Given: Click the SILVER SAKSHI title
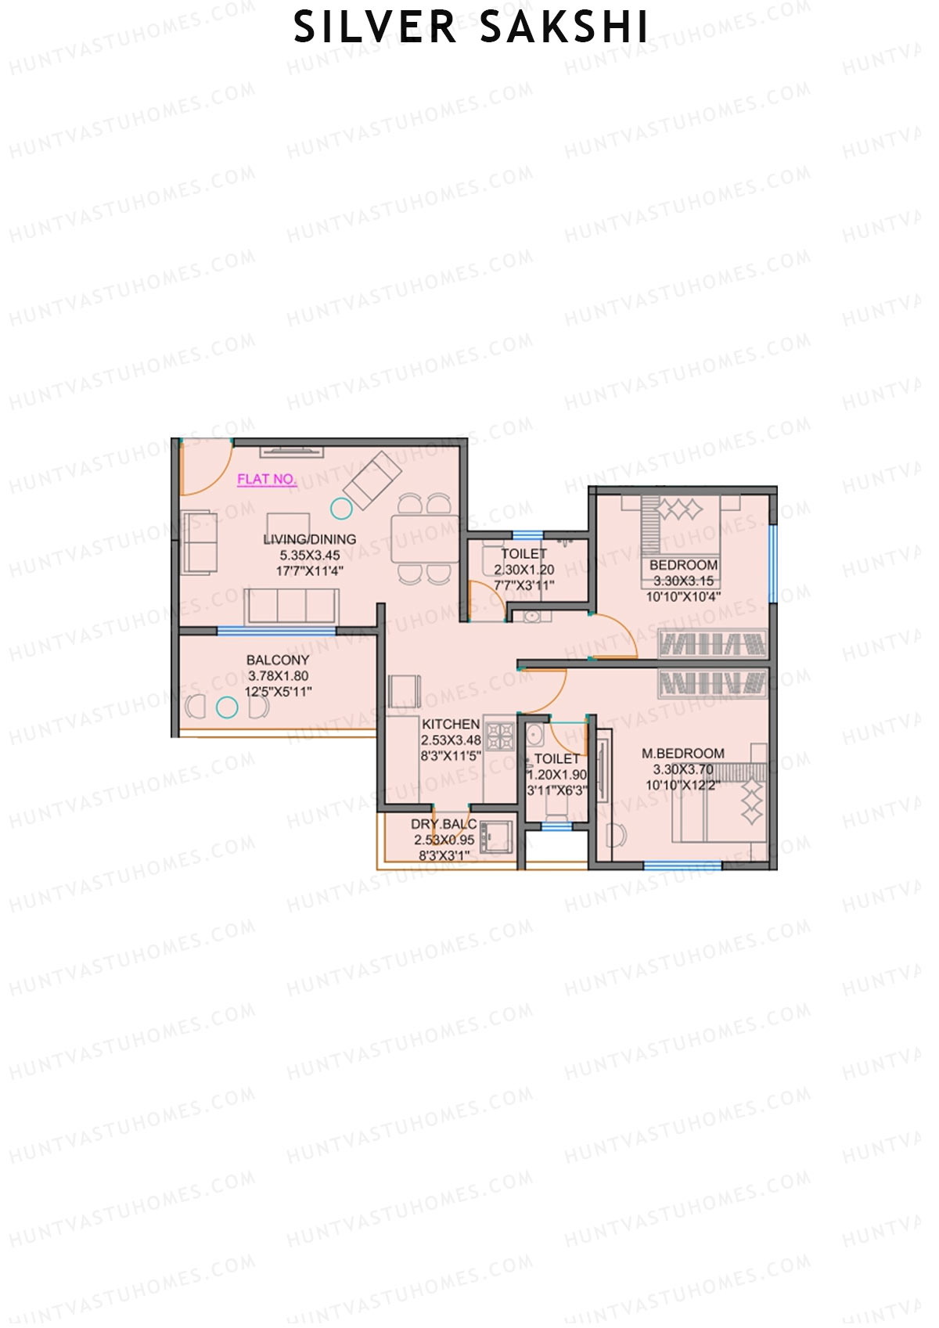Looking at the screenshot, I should point(470,28).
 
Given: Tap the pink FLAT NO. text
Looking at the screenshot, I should point(267,479).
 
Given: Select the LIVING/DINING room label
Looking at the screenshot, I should point(310,539).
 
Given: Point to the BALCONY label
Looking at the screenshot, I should point(278,660).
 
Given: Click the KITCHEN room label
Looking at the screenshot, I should point(451,725).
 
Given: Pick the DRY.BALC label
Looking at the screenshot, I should point(444,824).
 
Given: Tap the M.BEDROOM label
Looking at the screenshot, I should point(683,754).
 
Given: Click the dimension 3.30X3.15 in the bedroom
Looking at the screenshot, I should point(683,581).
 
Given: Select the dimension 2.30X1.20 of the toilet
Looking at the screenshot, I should point(524,570).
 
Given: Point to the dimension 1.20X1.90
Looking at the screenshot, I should point(556,775).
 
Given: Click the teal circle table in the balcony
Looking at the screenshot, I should point(227,707).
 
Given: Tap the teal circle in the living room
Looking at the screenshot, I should point(341,509).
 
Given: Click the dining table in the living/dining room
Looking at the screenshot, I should point(425,538).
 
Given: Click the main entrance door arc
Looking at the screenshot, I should point(205,470).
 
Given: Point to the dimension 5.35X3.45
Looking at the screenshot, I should point(310,556).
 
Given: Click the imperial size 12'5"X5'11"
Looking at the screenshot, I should point(278,692).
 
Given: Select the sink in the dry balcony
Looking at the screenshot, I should point(495,837).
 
